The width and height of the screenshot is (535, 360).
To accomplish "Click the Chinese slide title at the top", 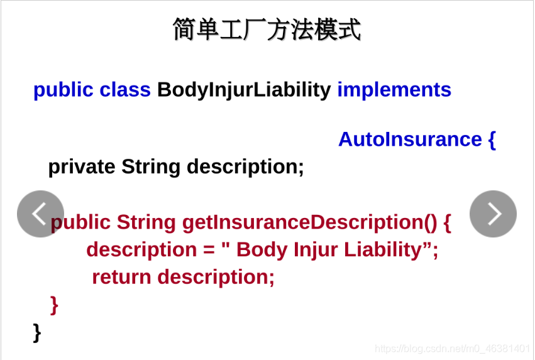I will [267, 30].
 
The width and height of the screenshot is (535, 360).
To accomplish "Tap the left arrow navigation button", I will [40, 214].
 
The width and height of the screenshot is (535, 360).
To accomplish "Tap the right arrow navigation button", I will [493, 214].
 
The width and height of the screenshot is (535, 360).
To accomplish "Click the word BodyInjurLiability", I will [244, 90].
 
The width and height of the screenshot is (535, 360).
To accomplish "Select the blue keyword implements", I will [394, 90].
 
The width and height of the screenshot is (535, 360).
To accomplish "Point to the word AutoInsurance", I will [410, 139].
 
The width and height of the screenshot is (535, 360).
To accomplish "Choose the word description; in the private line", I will [245, 166].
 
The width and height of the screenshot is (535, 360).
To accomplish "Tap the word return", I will [122, 276].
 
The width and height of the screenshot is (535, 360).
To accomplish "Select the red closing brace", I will [54, 304].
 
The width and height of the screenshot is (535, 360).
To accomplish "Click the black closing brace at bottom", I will [37, 331].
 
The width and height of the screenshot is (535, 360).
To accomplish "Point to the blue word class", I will [125, 90].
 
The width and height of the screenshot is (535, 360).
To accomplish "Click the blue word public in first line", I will [63, 90].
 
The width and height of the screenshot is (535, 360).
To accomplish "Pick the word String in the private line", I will [152, 166].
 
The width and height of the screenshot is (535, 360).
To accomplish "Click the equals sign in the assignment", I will [209, 249].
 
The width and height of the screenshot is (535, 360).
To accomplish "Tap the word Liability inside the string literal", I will [383, 249].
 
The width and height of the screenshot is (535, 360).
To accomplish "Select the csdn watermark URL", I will [452, 348].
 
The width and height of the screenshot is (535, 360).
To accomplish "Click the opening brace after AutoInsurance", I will [492, 139].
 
